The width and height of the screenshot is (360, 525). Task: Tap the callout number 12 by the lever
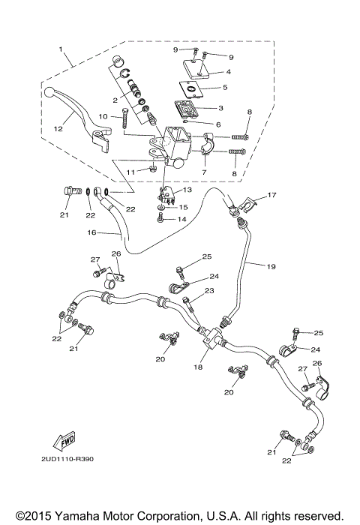click(x=58, y=128)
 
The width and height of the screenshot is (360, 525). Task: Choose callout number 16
click(x=92, y=233)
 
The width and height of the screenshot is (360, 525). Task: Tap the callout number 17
click(x=272, y=195)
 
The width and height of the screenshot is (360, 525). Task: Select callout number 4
click(x=228, y=72)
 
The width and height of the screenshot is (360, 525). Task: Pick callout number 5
click(x=228, y=88)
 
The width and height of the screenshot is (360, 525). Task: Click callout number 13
click(x=187, y=190)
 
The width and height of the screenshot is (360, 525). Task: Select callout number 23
click(x=209, y=290)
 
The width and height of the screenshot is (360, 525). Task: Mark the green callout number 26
click(x=316, y=364)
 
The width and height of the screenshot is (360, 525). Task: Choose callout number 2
click(x=115, y=98)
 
